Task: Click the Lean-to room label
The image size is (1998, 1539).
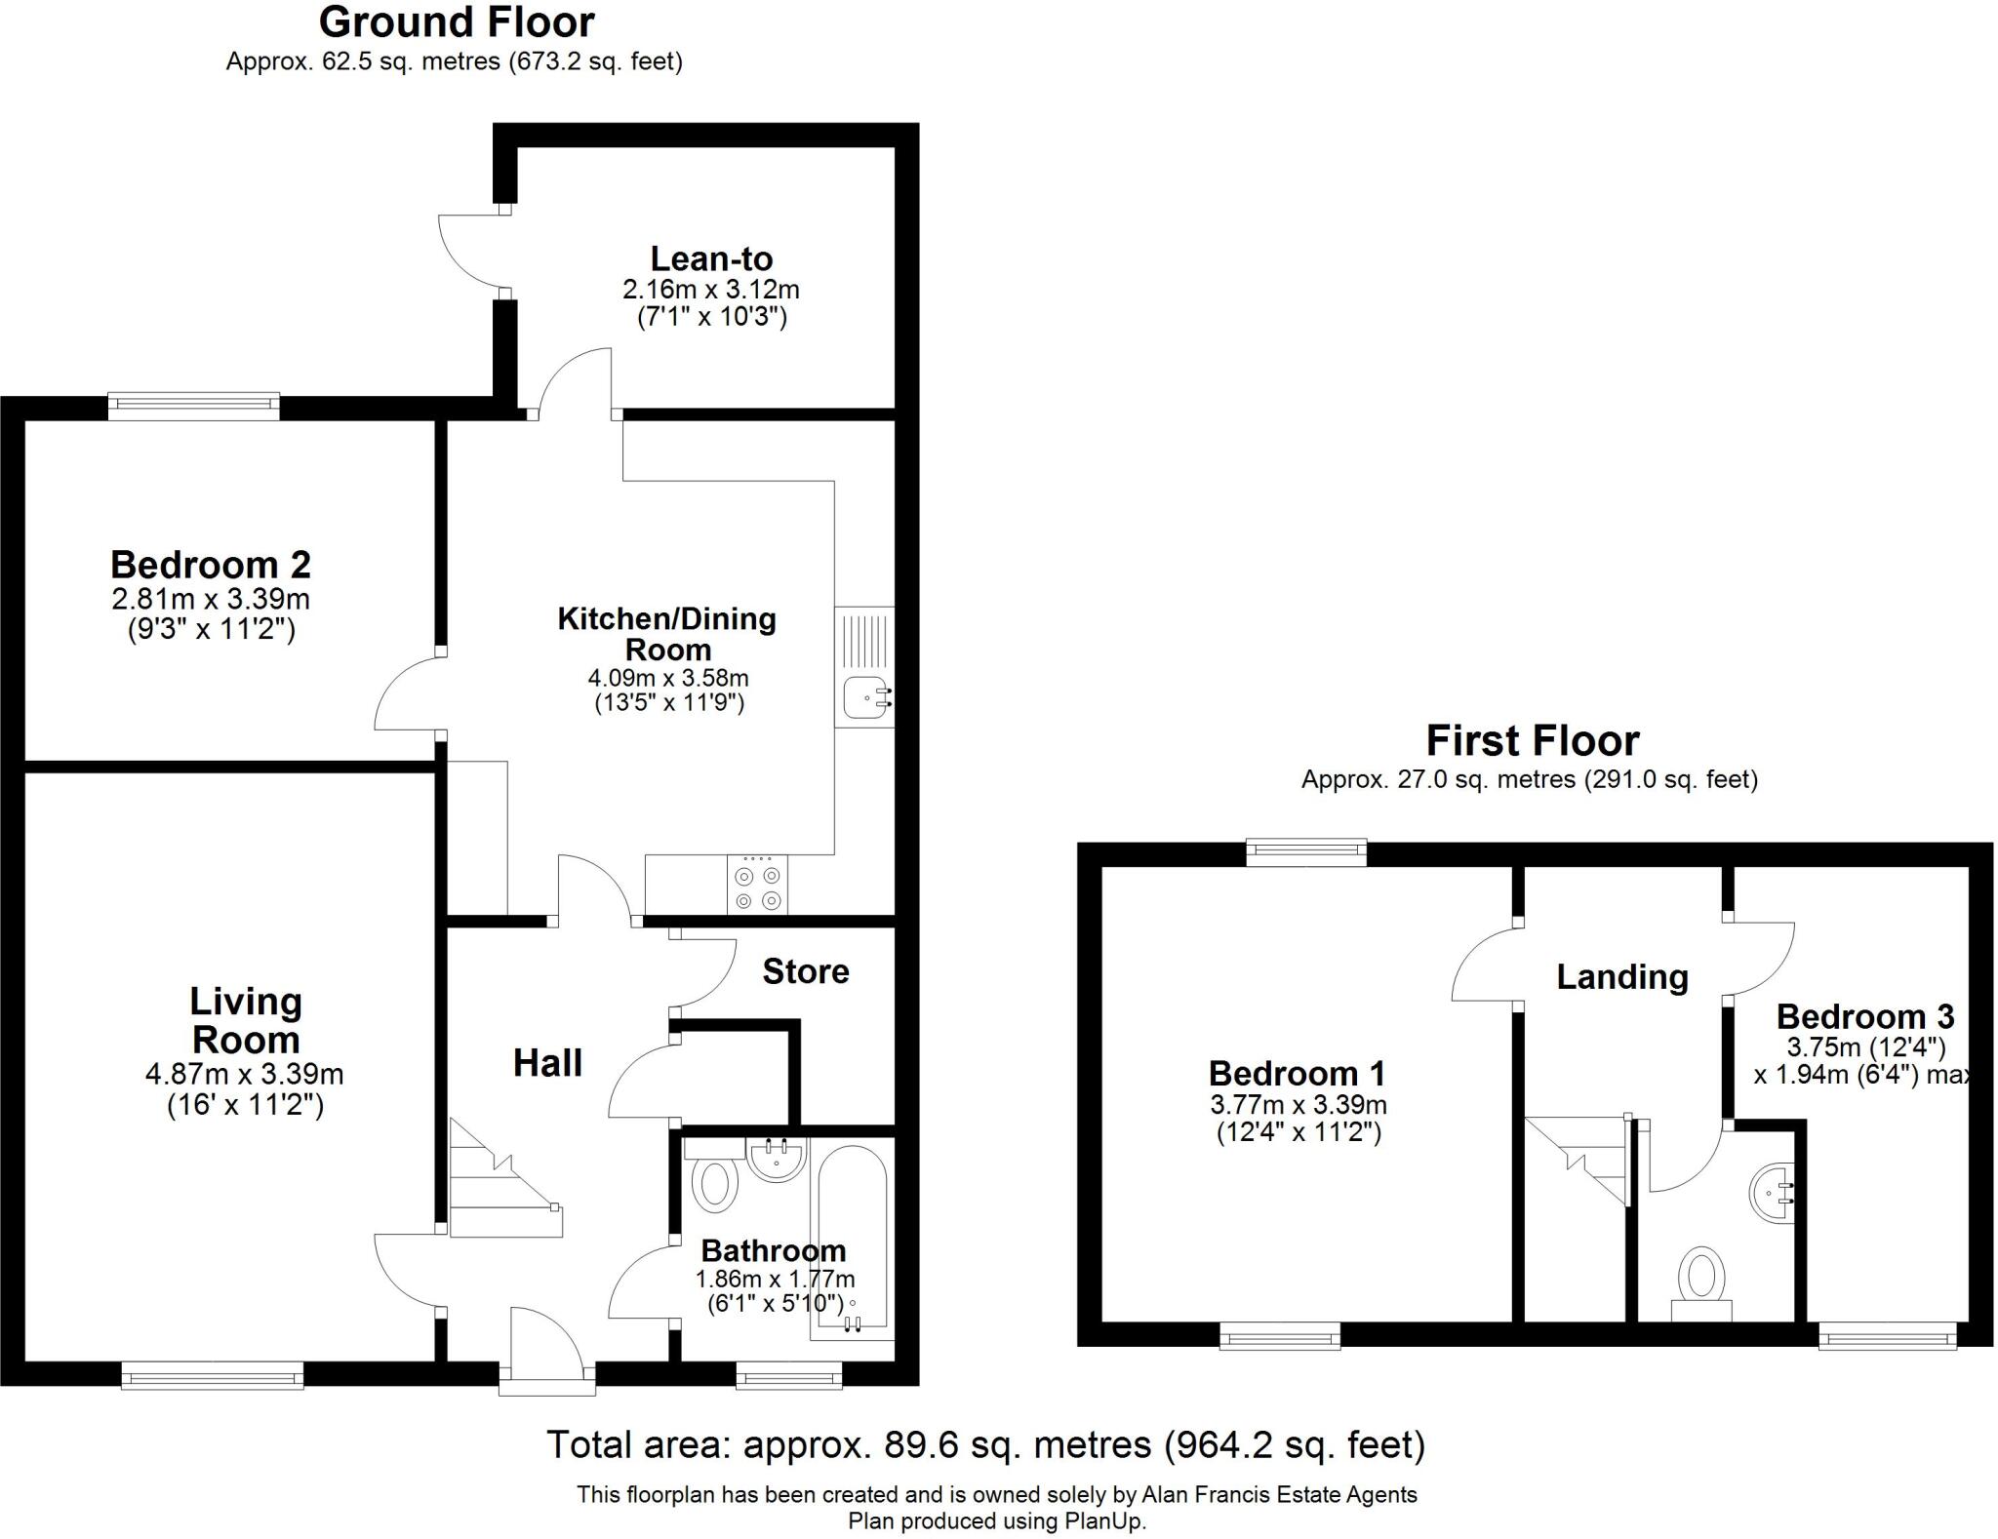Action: coord(711,259)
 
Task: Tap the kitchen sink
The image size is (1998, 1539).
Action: coord(864,696)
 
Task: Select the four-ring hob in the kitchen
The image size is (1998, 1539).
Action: coord(757,885)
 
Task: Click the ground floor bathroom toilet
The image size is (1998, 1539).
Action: coord(714,1182)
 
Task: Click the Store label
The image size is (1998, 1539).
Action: coord(805,971)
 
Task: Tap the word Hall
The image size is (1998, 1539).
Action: coord(547,1063)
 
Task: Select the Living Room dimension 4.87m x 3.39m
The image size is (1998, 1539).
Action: coord(244,1075)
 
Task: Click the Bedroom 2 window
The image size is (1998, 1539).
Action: coord(193,406)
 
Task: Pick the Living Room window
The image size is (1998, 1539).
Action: coord(212,1376)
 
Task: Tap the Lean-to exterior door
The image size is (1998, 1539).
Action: coord(468,251)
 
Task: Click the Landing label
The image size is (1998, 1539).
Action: coord(1621,977)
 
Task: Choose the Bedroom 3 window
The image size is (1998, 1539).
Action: coord(1887,1335)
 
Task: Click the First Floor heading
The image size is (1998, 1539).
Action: coord(1532,741)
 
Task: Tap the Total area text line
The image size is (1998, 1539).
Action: coord(985,1444)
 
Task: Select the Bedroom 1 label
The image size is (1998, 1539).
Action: coord(1297,1074)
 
